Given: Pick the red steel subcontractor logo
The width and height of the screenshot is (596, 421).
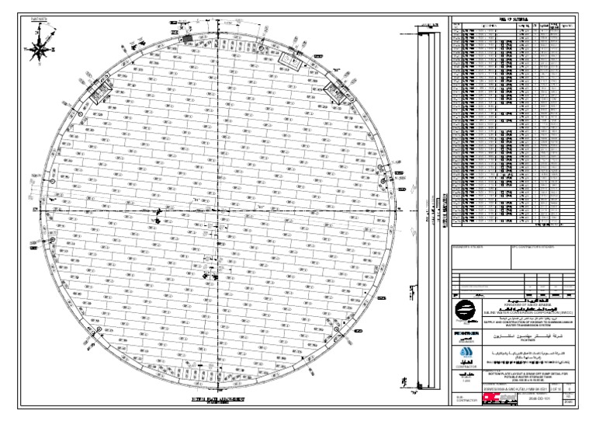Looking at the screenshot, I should click(x=498, y=398).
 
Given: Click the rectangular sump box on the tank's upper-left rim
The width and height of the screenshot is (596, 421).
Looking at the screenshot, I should click(x=99, y=92).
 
